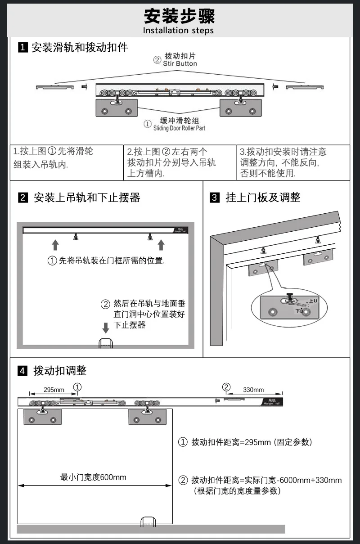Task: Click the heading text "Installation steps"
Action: point(178,31)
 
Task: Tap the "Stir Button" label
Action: point(180,64)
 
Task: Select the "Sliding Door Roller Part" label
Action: point(179,128)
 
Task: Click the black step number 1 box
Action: point(23,47)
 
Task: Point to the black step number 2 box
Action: point(23,197)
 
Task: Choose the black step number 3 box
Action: point(215,197)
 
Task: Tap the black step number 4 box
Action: point(23,371)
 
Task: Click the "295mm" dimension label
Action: point(54,390)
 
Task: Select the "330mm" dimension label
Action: point(253,390)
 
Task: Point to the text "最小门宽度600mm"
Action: point(94,477)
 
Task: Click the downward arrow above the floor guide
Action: point(106,327)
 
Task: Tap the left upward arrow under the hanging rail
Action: point(55,245)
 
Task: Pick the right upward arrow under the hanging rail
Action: point(161,245)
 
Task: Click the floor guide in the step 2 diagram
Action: point(106,343)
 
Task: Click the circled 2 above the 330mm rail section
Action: point(226,387)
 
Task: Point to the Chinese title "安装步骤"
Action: point(180,16)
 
